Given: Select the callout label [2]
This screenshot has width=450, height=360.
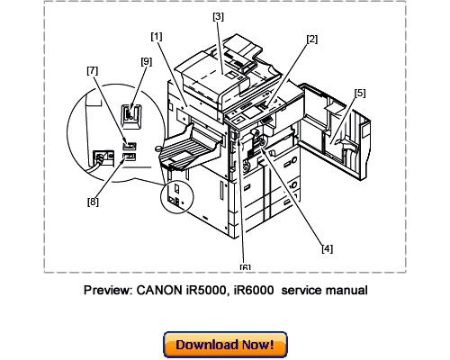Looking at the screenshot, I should pyautogui.click(x=311, y=39).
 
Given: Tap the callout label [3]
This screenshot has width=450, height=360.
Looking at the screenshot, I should pyautogui.click(x=218, y=16).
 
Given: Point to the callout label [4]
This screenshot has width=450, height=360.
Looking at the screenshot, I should pyautogui.click(x=328, y=248).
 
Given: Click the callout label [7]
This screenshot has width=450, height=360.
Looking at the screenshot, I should pyautogui.click(x=93, y=69).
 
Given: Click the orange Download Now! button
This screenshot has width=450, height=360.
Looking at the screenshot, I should pyautogui.click(x=224, y=344).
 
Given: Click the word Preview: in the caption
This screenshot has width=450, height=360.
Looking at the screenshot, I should pyautogui.click(x=112, y=291).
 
